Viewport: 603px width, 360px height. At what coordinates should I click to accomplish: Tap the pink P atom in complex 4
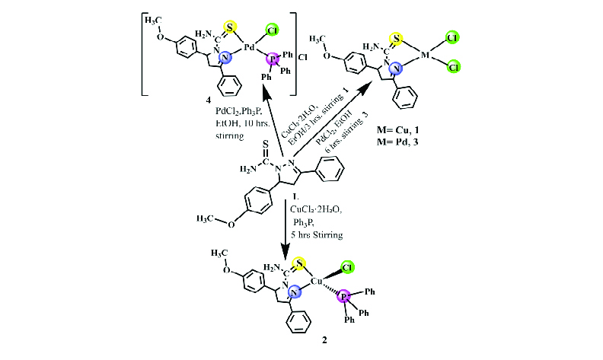[273, 59]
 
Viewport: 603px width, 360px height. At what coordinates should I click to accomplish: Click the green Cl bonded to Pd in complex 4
[273, 30]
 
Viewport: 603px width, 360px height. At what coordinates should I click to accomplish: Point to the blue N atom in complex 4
[224, 58]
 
